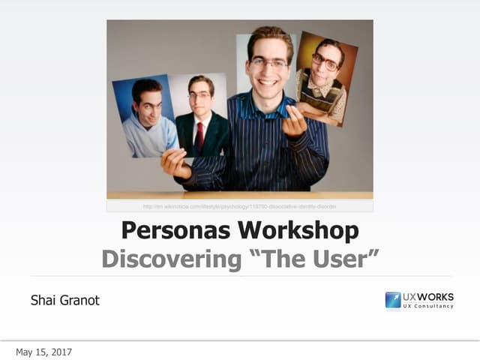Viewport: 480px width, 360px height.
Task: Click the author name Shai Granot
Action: coord(64,301)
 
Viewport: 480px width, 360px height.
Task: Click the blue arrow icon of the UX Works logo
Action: coord(393,300)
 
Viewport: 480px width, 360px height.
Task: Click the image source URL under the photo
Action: coord(239,206)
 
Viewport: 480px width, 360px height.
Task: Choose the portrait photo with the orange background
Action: coord(326,75)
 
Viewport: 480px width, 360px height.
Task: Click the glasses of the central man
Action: coord(268,64)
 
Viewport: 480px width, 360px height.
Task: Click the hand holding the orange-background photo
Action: coord(295,121)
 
